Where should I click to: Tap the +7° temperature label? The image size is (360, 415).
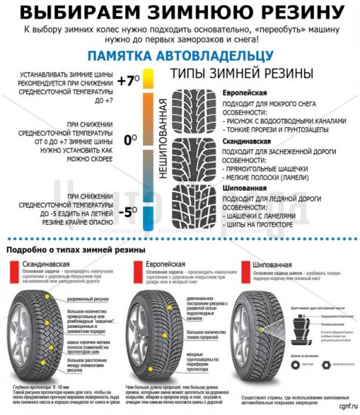129,80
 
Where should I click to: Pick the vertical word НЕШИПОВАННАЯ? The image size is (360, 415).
163,139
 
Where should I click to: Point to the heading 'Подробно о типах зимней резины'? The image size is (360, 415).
76,249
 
